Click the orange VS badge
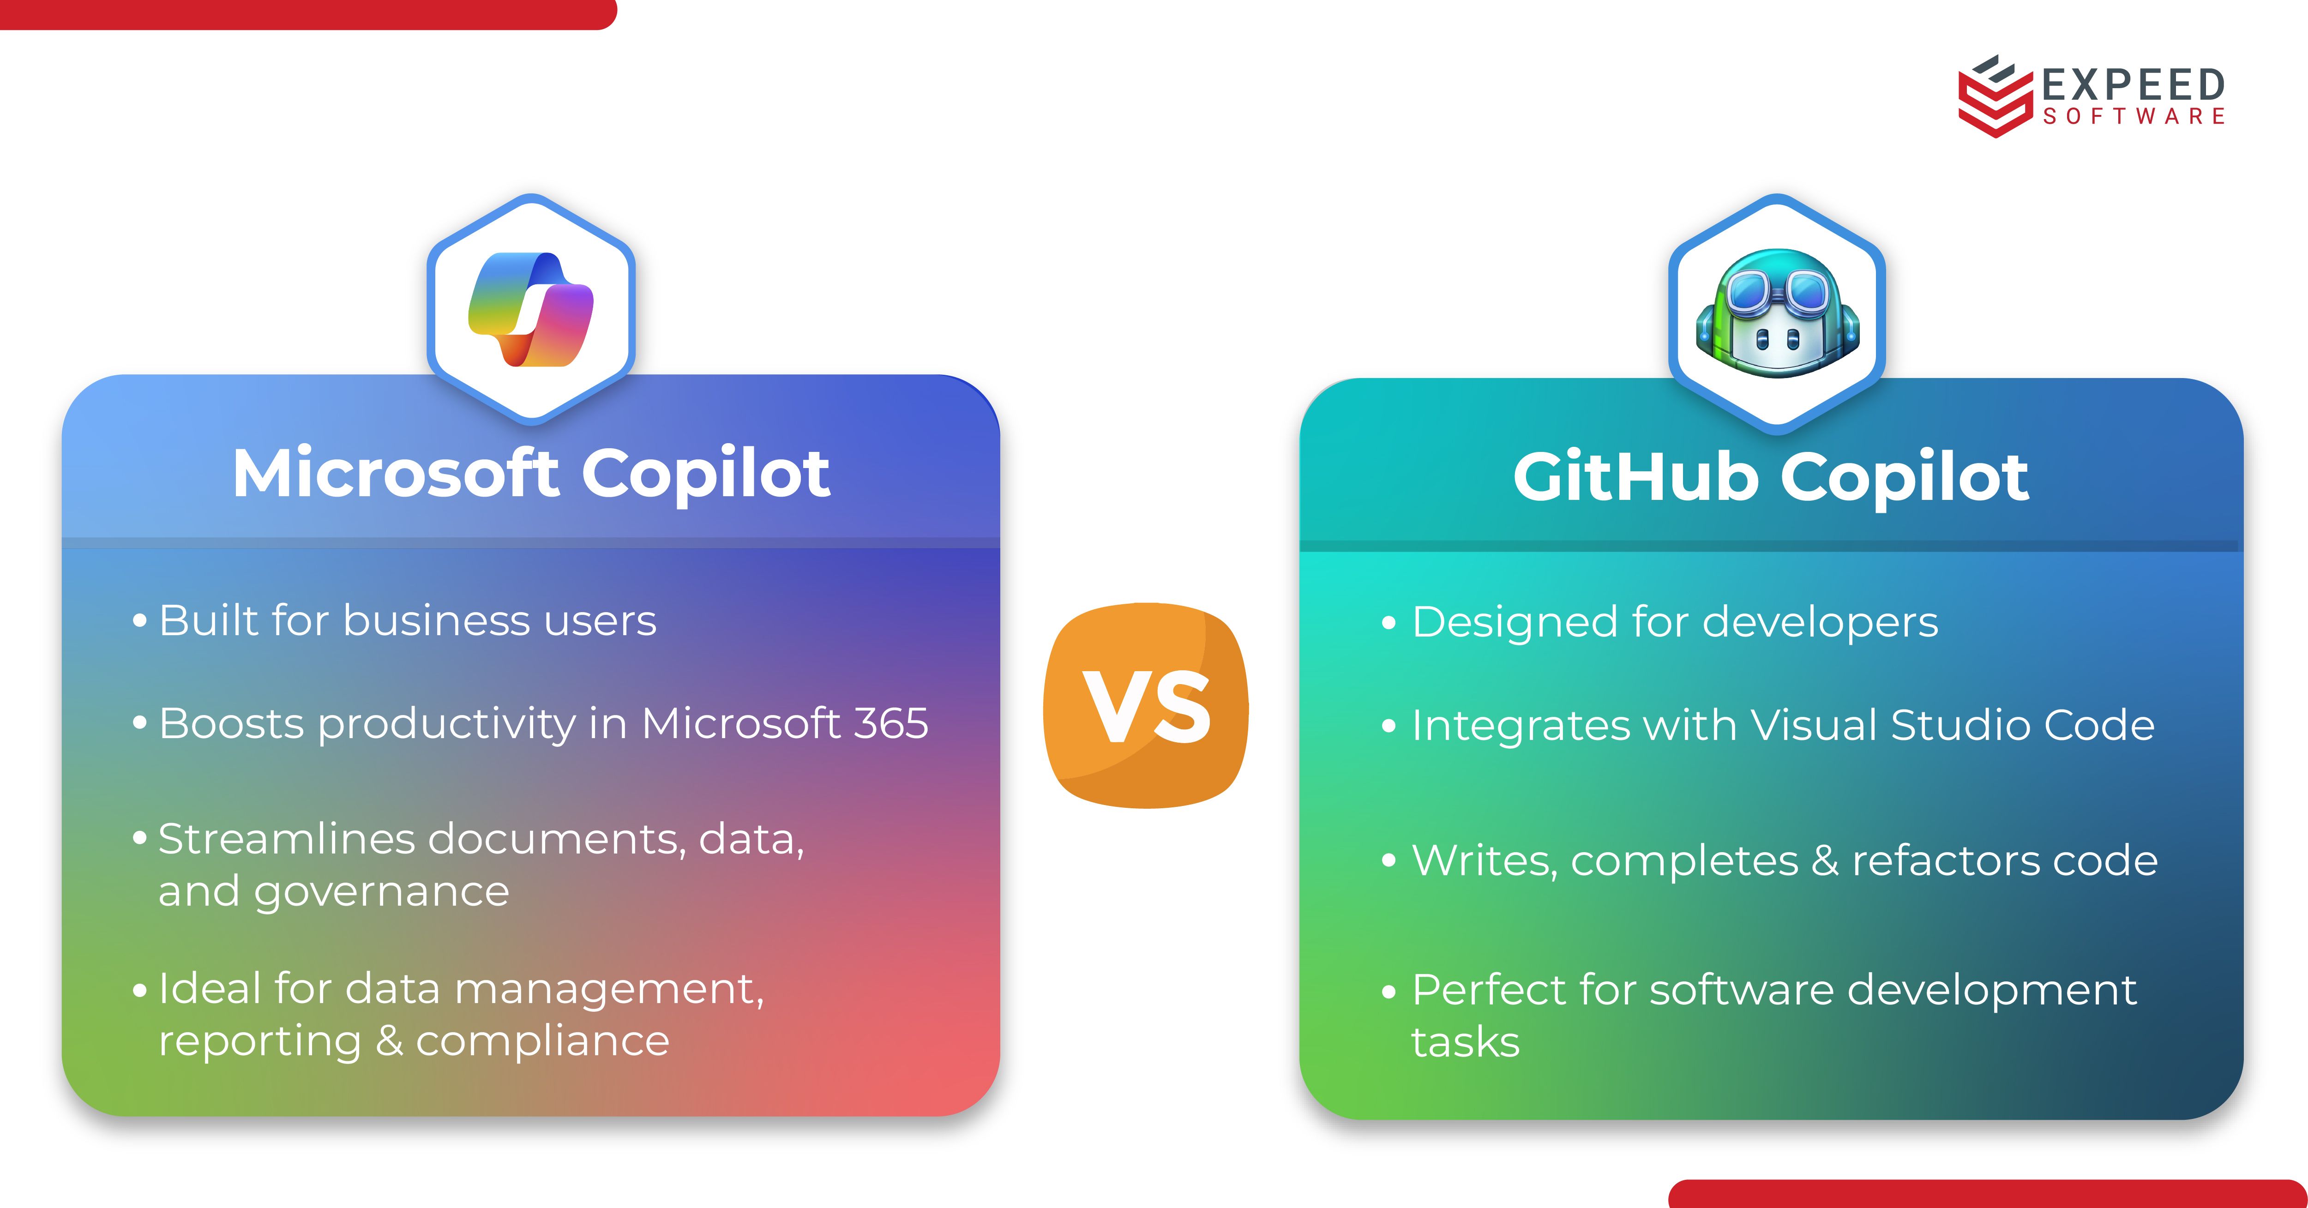[x=1146, y=706]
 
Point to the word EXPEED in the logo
[x=2134, y=85]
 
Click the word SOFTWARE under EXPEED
[x=2134, y=116]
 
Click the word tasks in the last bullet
[x=1465, y=1042]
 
